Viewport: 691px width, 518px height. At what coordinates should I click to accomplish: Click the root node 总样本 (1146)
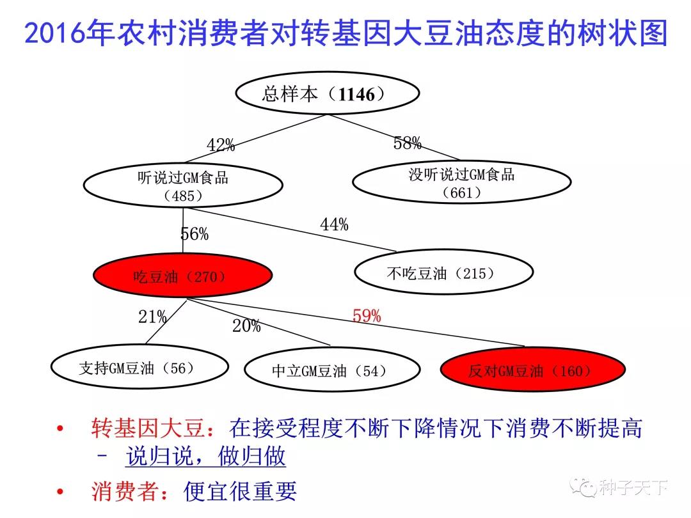coord(328,93)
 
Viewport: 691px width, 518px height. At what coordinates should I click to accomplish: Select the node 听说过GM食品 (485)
coord(183,185)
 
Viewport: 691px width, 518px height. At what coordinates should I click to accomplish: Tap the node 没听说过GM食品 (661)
coord(462,182)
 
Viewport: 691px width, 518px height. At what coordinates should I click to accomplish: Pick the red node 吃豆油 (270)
coord(183,276)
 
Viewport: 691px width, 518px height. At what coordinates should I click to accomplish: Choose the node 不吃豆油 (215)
coord(444,272)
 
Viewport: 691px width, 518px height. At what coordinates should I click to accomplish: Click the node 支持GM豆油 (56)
coord(139,367)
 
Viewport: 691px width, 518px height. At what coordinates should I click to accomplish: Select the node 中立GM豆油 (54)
coord(332,370)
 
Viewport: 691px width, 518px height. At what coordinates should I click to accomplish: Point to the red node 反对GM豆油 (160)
coord(533,370)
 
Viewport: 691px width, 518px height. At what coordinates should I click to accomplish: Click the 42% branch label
coord(220,145)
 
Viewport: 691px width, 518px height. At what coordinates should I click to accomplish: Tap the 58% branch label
coord(407,143)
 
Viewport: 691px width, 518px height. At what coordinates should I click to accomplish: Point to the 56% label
coord(195,233)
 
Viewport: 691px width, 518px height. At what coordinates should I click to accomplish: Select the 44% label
coord(334,224)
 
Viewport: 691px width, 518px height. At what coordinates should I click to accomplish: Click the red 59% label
coord(367,315)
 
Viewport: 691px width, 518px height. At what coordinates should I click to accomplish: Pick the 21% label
coord(152,317)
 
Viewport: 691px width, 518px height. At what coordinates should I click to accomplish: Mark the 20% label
coord(246,326)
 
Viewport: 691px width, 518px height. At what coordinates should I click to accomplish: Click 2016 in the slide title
coord(54,33)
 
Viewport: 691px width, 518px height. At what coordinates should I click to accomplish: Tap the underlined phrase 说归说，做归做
coord(206,456)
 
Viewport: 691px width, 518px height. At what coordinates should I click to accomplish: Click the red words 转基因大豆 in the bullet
coord(148,428)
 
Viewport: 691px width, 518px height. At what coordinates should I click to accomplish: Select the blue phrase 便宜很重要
coord(240,491)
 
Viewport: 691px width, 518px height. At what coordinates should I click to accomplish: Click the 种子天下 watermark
coord(619,487)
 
